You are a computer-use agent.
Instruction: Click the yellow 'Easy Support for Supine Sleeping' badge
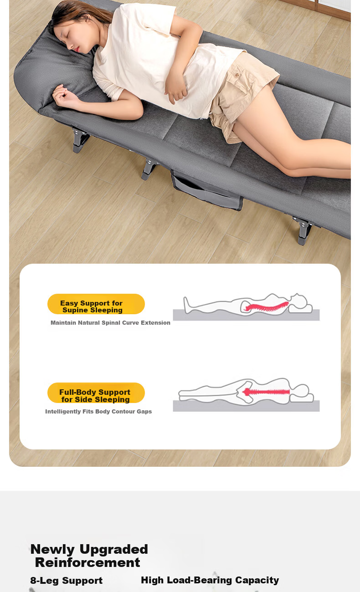pyautogui.click(x=96, y=304)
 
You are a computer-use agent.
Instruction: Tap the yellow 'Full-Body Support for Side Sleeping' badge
pyautogui.click(x=96, y=393)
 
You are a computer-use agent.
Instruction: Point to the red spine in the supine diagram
pyautogui.click(x=266, y=306)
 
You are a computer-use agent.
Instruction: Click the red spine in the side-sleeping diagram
pyautogui.click(x=266, y=392)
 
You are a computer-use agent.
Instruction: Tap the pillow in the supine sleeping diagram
pyautogui.click(x=300, y=308)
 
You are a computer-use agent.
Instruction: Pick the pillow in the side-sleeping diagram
pyautogui.click(x=302, y=398)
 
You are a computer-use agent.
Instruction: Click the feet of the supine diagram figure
pyautogui.click(x=187, y=305)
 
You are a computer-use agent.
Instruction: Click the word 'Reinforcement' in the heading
pyautogui.click(x=87, y=562)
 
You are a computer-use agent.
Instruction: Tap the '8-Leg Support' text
pyautogui.click(x=66, y=580)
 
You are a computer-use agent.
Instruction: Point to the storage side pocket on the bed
pyautogui.click(x=207, y=191)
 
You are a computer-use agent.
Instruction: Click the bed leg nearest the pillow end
pyautogui.click(x=80, y=140)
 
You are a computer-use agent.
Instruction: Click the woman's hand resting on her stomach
pyautogui.click(x=175, y=88)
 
